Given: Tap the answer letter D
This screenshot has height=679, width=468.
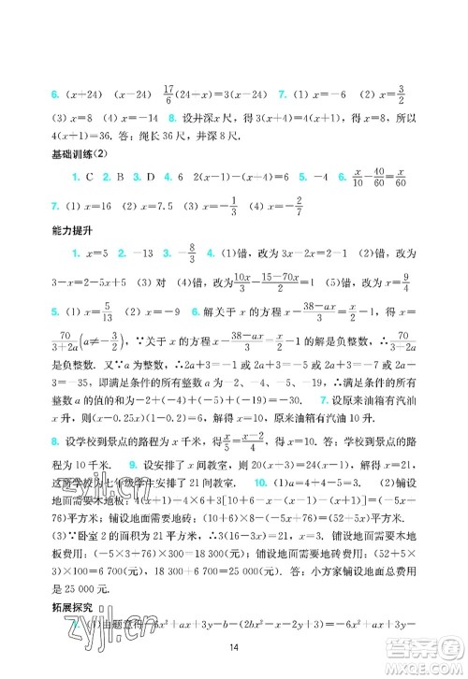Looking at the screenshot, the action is (163, 174).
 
